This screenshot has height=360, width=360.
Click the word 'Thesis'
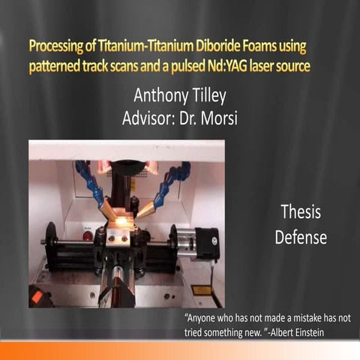pyautogui.click(x=300, y=212)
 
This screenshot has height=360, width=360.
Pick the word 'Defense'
pyautogui.click(x=300, y=238)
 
